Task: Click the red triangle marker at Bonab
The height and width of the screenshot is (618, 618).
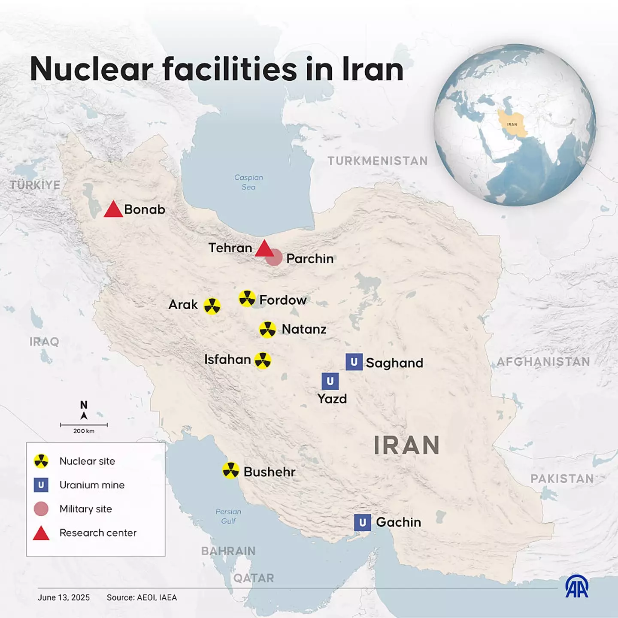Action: (113, 210)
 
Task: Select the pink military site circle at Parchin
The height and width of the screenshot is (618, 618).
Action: (274, 258)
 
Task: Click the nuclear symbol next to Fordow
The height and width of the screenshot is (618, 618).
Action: (247, 298)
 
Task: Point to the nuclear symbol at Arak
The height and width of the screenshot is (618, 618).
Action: (212, 306)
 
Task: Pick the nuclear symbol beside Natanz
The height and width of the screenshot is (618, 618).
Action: (268, 330)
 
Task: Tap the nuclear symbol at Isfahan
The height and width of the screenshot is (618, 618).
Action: (263, 360)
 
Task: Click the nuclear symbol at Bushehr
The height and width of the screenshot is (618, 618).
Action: (231, 470)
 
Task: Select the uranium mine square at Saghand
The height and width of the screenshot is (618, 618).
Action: (354, 362)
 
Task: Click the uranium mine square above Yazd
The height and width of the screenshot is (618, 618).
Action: (330, 381)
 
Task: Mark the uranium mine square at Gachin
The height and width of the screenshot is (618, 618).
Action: (363, 522)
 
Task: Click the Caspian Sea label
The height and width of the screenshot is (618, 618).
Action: (248, 182)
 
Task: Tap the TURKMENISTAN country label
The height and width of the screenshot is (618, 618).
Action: (378, 161)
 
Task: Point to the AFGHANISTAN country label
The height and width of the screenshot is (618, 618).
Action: (543, 362)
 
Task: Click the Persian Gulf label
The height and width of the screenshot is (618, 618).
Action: (228, 516)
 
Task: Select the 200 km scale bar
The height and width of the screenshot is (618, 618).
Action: (84, 425)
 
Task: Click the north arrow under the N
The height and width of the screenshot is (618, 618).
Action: (84, 415)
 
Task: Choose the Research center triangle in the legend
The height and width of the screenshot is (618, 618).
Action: (41, 533)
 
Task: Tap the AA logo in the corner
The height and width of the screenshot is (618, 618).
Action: (577, 587)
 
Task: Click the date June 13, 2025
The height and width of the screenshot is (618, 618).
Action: (64, 597)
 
